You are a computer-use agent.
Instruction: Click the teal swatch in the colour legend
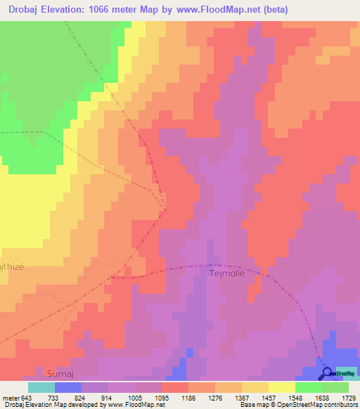(41, 387)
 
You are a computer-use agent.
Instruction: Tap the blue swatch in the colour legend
(67, 387)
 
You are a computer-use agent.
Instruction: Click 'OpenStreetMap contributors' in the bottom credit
(323, 405)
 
